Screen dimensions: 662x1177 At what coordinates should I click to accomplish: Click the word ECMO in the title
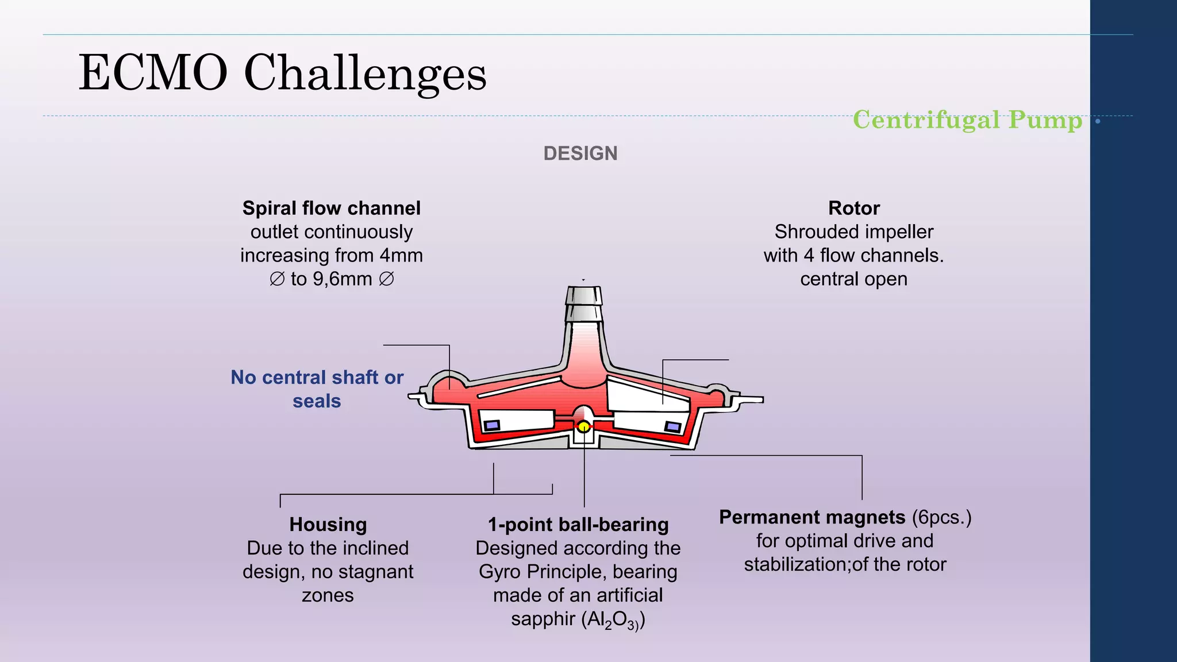[x=153, y=73]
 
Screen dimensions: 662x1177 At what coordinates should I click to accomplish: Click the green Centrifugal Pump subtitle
[x=967, y=120]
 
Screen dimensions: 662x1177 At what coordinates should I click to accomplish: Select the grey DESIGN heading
[x=580, y=153]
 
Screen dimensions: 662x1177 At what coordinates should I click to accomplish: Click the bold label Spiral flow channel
[x=331, y=208]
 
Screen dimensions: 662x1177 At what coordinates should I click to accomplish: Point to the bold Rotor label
[x=853, y=208]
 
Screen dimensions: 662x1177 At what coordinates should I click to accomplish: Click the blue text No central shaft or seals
[x=317, y=389]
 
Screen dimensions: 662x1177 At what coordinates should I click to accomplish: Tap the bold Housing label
[x=328, y=524]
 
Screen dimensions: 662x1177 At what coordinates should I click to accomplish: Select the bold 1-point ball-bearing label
[x=578, y=524]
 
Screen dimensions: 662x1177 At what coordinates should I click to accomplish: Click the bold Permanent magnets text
[x=812, y=517]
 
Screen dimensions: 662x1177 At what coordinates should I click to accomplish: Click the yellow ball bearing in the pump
[x=583, y=426]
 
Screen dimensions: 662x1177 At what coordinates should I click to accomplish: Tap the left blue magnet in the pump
[x=492, y=425]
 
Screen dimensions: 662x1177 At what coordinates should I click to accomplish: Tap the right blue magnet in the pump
[x=673, y=426]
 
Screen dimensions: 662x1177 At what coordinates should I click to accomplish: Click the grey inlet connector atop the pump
[x=584, y=305]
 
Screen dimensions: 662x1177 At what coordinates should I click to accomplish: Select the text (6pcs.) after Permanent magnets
[x=941, y=517]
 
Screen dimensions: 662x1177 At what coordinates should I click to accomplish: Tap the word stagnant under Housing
[x=376, y=572]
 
